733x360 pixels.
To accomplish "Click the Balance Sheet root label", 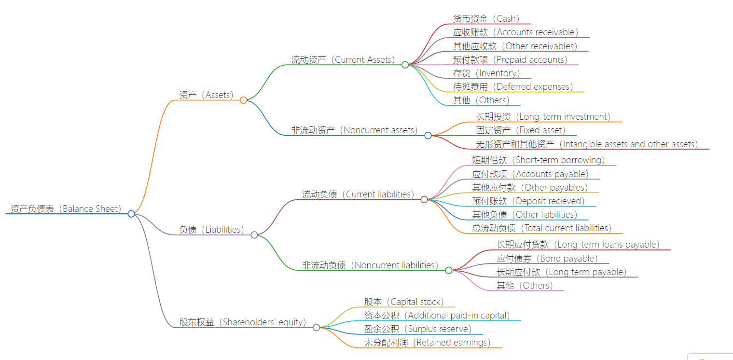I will click(66, 209).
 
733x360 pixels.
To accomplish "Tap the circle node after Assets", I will click(243, 100).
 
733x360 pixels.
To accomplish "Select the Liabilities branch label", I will click(211, 230).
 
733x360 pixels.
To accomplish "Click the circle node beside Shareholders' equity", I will click(316, 327).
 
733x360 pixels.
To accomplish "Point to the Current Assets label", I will click(343, 60).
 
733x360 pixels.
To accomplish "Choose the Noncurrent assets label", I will click(354, 130).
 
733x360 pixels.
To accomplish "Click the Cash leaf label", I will click(486, 19).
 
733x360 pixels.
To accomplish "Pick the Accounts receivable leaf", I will click(515, 32).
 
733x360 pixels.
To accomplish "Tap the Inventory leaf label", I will click(486, 73).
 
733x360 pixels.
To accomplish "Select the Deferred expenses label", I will click(513, 87).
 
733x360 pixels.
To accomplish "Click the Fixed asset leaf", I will click(520, 130).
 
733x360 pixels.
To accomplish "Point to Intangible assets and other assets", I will click(587, 144).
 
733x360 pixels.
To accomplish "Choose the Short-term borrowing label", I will click(538, 160).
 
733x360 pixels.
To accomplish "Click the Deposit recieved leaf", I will click(528, 201).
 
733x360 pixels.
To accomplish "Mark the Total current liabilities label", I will click(541, 228).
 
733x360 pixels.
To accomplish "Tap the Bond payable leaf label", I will click(547, 259).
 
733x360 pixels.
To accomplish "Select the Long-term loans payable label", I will click(578, 245).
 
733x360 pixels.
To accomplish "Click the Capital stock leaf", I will click(404, 302).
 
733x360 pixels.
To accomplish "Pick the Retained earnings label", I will click(427, 343).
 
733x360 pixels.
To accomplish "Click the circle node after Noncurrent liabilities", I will click(448, 270).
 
